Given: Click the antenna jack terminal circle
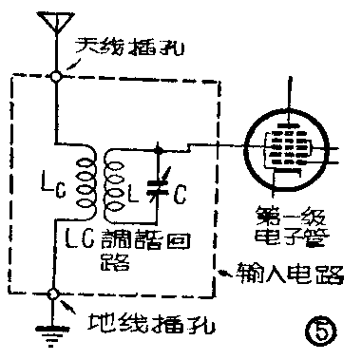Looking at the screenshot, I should pyautogui.click(x=56, y=75).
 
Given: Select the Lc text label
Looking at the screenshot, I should pyautogui.click(x=51, y=182).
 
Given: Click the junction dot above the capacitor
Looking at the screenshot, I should pyautogui.click(x=158, y=148).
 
